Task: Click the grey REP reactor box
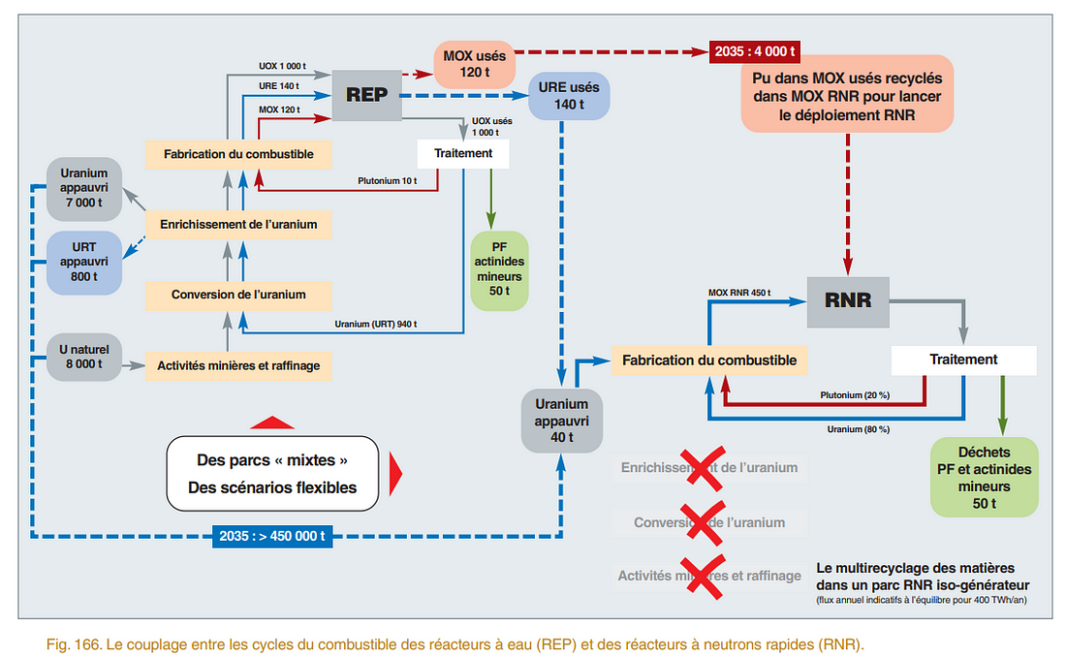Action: [366, 95]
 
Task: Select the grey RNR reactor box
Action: [848, 300]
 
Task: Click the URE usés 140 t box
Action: [569, 95]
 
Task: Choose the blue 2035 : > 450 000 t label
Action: [272, 536]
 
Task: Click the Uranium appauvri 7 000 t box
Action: [83, 187]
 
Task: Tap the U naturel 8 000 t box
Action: [83, 358]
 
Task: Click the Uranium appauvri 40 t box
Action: [562, 420]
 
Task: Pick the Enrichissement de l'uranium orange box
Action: [238, 225]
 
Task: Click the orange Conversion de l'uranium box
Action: [238, 295]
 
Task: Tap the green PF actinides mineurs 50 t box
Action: [499, 270]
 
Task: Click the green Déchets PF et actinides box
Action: [984, 477]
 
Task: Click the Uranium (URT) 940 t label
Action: [376, 324]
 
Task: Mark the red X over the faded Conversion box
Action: [702, 522]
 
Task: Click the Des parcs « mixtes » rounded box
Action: [271, 473]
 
